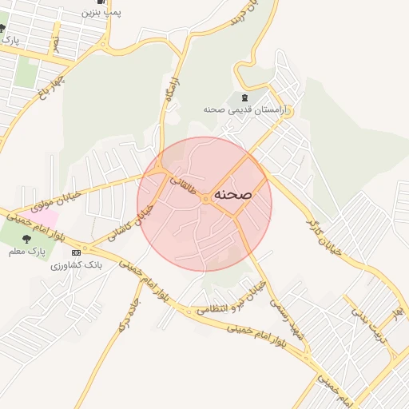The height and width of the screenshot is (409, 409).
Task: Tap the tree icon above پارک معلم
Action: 26,238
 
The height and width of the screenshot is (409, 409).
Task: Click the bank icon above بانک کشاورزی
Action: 76,253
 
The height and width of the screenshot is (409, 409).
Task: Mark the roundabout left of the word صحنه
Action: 205,198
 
